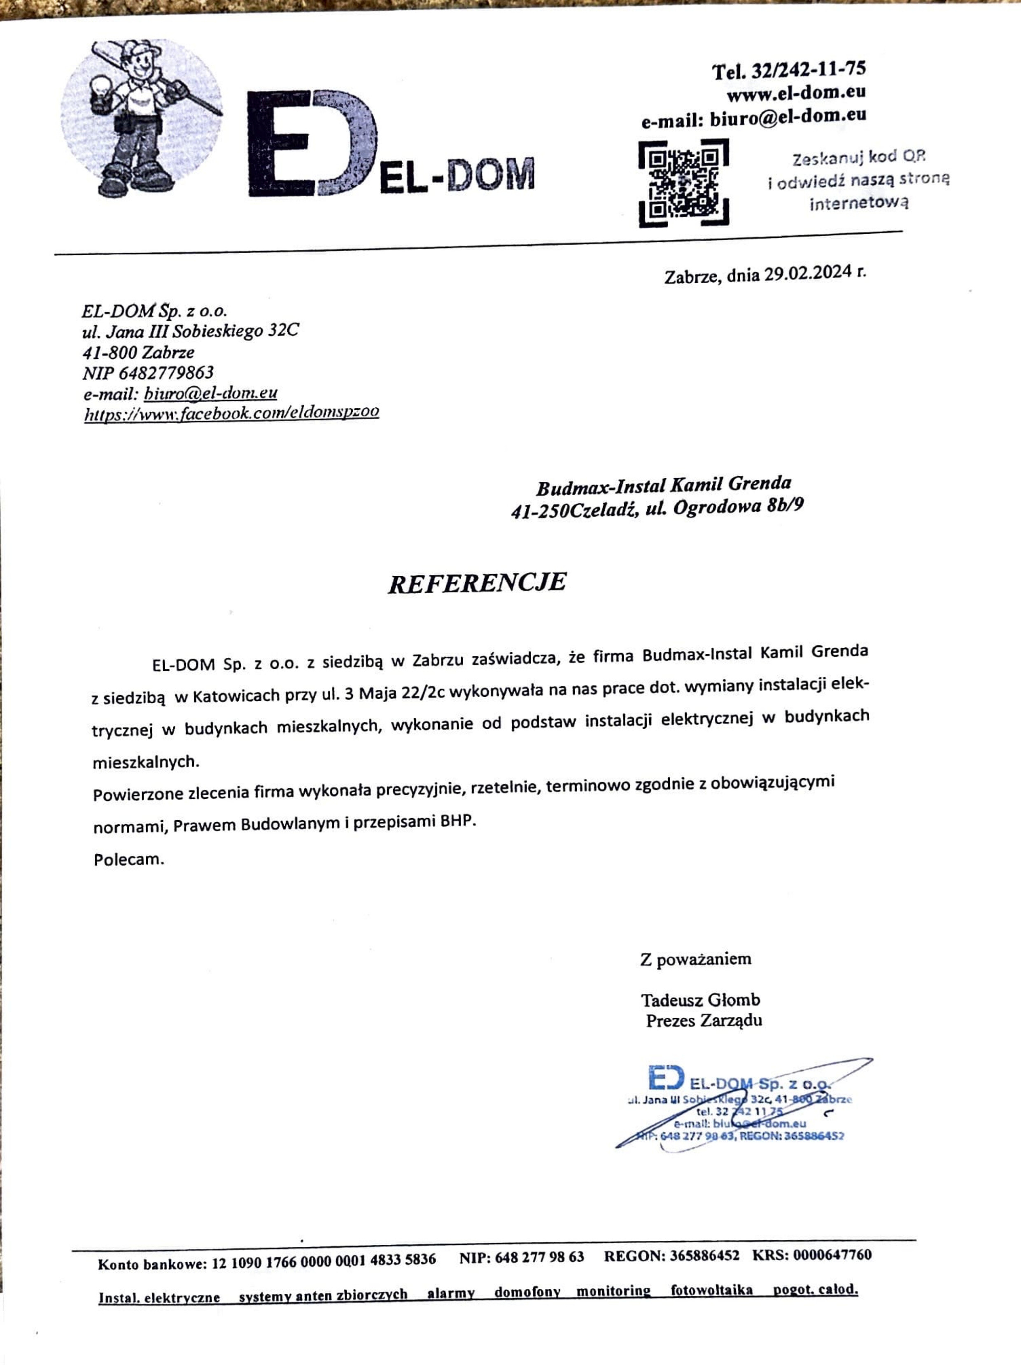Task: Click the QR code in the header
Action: pos(683,183)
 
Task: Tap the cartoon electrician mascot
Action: pos(141,117)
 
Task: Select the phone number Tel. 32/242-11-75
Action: pos(789,70)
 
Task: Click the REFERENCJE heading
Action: pos(477,583)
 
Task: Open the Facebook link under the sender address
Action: pos(231,412)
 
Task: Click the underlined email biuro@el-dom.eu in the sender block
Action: pos(210,393)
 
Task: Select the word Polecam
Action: pos(129,860)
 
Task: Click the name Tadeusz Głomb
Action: pos(700,1000)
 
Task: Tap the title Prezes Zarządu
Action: pos(704,1021)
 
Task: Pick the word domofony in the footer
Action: pos(527,1292)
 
